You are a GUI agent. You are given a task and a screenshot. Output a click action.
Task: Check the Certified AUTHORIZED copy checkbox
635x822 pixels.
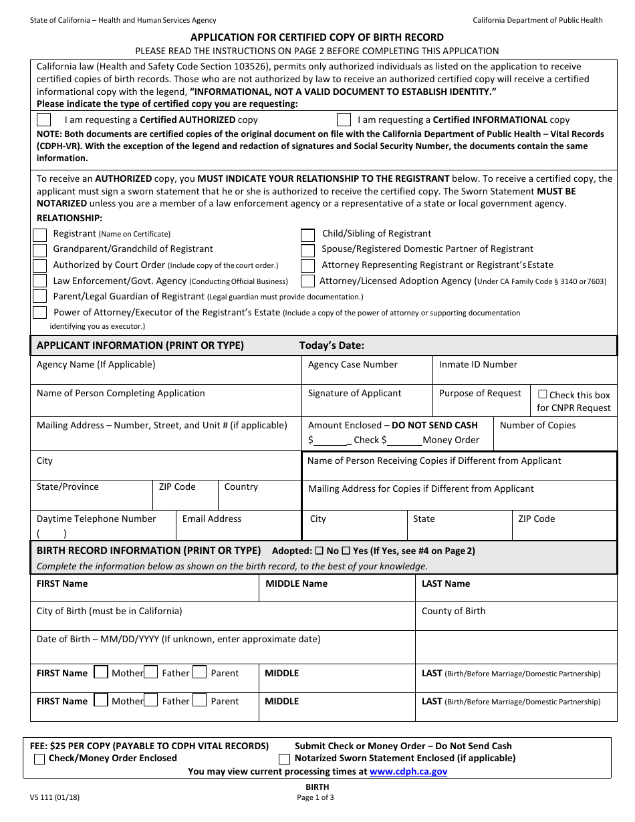click(43, 120)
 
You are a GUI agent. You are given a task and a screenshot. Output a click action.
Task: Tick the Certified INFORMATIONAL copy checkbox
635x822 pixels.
click(344, 120)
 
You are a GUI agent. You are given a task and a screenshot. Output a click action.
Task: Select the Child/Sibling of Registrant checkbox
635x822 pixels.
click(307, 235)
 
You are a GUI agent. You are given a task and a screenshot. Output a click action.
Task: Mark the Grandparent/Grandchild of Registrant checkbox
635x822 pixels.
click(40, 250)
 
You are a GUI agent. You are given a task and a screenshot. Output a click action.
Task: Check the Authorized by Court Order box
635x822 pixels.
click(40, 265)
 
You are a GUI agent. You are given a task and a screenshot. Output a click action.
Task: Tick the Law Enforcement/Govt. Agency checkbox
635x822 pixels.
click(40, 281)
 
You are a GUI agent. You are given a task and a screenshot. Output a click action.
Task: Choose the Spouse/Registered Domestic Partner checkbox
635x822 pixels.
click(307, 250)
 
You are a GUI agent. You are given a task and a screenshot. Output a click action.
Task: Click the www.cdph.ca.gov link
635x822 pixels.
click(408, 771)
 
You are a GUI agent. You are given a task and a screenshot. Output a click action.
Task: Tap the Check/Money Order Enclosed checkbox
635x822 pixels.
click(39, 759)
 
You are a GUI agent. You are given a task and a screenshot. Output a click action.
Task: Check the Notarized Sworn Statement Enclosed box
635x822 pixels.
click(285, 759)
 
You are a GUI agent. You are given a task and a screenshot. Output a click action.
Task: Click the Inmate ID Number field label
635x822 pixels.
click(478, 364)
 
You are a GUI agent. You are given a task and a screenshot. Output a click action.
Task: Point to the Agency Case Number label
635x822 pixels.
click(352, 364)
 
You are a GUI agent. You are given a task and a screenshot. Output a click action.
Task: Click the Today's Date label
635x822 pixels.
click(332, 346)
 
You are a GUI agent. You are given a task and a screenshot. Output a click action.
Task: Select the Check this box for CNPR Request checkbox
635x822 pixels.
click(542, 394)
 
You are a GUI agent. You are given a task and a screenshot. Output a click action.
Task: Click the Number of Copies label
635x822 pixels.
click(537, 425)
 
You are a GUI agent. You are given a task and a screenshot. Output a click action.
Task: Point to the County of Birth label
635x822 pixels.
click(453, 611)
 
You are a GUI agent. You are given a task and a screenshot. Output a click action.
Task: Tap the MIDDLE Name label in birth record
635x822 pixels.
click(296, 583)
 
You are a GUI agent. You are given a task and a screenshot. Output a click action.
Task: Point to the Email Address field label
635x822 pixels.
click(212, 519)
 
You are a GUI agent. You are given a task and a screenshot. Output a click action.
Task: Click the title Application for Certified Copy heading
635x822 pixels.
click(317, 37)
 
